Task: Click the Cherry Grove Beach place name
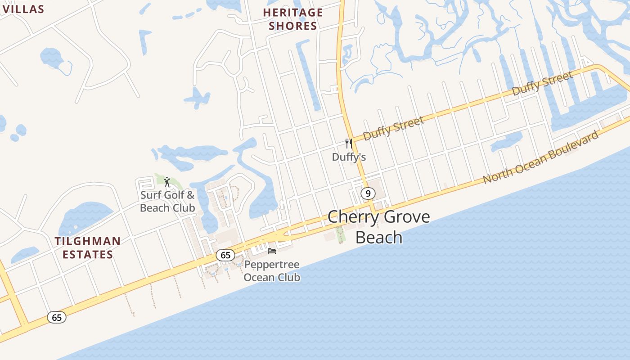coord(378,227)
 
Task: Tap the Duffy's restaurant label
coord(349,157)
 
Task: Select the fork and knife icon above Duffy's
coord(348,144)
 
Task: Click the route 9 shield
coord(368,193)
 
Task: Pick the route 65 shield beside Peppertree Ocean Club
coord(225,255)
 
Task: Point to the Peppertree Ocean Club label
coord(272,271)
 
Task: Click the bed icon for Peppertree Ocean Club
coord(271,251)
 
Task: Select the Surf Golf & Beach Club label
coord(167,201)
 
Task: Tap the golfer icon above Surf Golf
coord(167,182)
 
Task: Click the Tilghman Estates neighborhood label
coord(88,247)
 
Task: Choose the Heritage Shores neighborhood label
coord(293,19)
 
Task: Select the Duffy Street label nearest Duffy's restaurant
coord(393,128)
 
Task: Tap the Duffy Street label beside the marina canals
coord(543,83)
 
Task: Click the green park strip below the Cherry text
coord(340,234)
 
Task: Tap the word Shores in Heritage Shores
coord(293,26)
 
